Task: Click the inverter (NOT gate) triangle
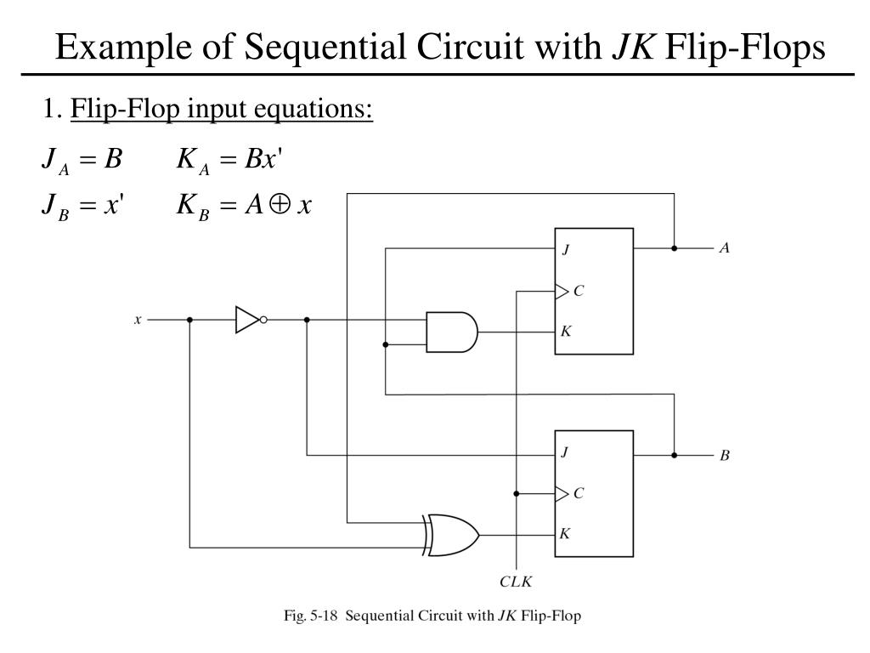[x=246, y=320]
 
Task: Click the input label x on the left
[x=138, y=320]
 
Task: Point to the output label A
[x=725, y=248]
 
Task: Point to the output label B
[x=725, y=456]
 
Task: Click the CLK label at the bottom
[x=515, y=582]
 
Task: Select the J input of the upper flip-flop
[x=566, y=251]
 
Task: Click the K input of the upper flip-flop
[x=566, y=331]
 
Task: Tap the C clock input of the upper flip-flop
[x=578, y=291]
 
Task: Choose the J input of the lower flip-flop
[x=566, y=453]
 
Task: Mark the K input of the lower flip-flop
[x=566, y=534]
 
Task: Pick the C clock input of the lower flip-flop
[x=578, y=493]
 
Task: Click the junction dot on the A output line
[x=674, y=248]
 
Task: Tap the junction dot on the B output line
[x=674, y=455]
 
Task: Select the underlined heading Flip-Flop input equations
[x=222, y=110]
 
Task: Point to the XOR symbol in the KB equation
[x=277, y=204]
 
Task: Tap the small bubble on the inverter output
[x=264, y=320]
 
